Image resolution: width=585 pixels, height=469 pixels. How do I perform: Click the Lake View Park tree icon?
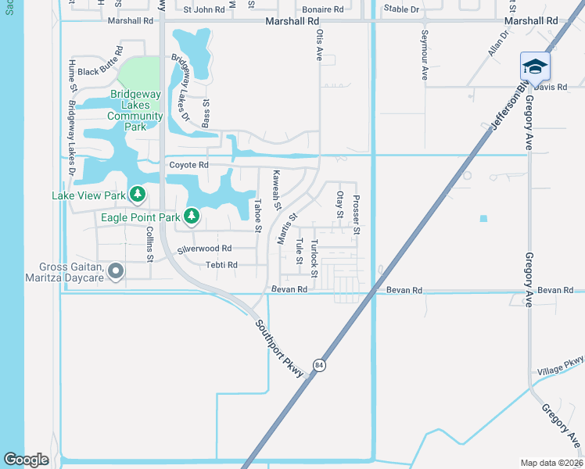(138, 193)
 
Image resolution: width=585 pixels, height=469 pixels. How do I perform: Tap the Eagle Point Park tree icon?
(191, 215)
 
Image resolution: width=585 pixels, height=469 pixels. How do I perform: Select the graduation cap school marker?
(535, 67)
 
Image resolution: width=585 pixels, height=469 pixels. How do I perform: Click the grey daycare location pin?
(116, 271)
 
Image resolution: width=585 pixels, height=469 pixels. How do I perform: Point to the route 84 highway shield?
(319, 365)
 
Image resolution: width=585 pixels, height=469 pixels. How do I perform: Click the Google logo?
(26, 460)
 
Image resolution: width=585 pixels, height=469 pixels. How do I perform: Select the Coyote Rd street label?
(188, 165)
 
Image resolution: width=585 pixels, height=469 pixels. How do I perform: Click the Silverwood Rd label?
(205, 249)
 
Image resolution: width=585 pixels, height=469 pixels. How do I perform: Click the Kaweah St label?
(276, 190)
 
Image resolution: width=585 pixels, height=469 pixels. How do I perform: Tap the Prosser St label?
(356, 215)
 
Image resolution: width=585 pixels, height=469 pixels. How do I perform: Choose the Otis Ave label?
(319, 46)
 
